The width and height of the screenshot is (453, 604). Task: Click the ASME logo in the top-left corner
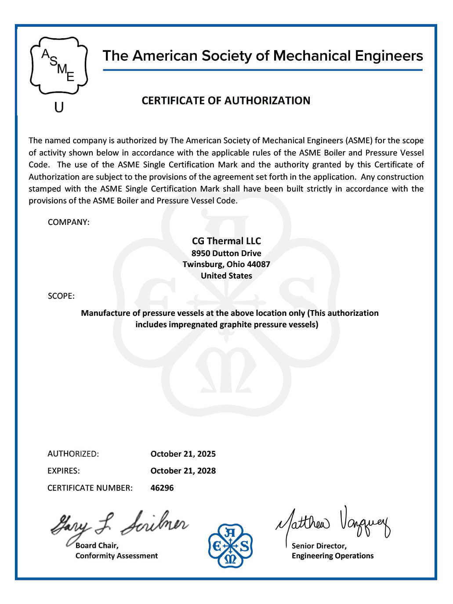[59, 65]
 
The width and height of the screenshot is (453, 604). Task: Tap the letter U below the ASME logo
[59, 107]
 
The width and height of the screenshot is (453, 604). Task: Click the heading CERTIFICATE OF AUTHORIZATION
[226, 101]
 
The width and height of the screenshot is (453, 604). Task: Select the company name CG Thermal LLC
[226, 241]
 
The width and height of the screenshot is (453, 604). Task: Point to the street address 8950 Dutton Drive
[226, 253]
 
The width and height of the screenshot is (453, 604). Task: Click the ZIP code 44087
[258, 264]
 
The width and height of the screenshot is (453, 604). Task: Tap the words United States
[226, 276]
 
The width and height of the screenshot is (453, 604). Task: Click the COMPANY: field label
[69, 222]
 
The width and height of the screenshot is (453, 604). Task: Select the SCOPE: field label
[61, 296]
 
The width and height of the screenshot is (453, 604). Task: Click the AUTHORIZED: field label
[73, 454]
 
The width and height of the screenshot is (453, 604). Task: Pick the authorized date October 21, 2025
[183, 454]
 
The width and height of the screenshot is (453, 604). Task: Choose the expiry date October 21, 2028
[183, 471]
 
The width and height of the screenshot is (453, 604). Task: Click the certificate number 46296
[162, 488]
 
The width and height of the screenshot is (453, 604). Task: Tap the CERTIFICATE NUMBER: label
[90, 488]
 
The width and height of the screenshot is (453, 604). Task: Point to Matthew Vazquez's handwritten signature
[333, 523]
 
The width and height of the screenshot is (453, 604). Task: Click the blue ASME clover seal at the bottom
[230, 546]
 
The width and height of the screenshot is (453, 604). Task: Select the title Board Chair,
[97, 546]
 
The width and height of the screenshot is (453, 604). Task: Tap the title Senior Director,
[319, 546]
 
